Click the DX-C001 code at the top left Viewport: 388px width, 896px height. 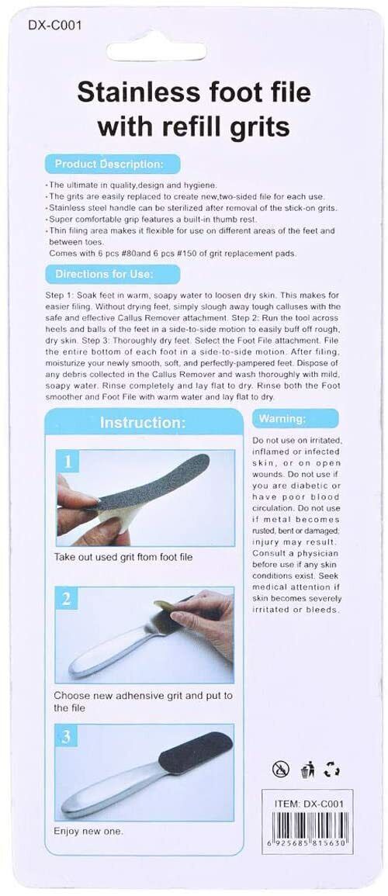pos(54,25)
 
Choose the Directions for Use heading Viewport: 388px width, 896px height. pos(104,274)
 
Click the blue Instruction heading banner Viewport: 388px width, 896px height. pos(142,423)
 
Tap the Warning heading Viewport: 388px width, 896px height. pos(282,419)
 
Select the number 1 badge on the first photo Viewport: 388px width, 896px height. pos(68,463)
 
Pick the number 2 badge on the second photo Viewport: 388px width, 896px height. pos(68,599)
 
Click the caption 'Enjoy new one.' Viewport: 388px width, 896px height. pos(88,831)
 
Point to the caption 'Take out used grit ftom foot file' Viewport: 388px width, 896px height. pos(123,557)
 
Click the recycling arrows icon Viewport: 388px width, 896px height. pos(333,770)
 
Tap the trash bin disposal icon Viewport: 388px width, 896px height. pos(306,770)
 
